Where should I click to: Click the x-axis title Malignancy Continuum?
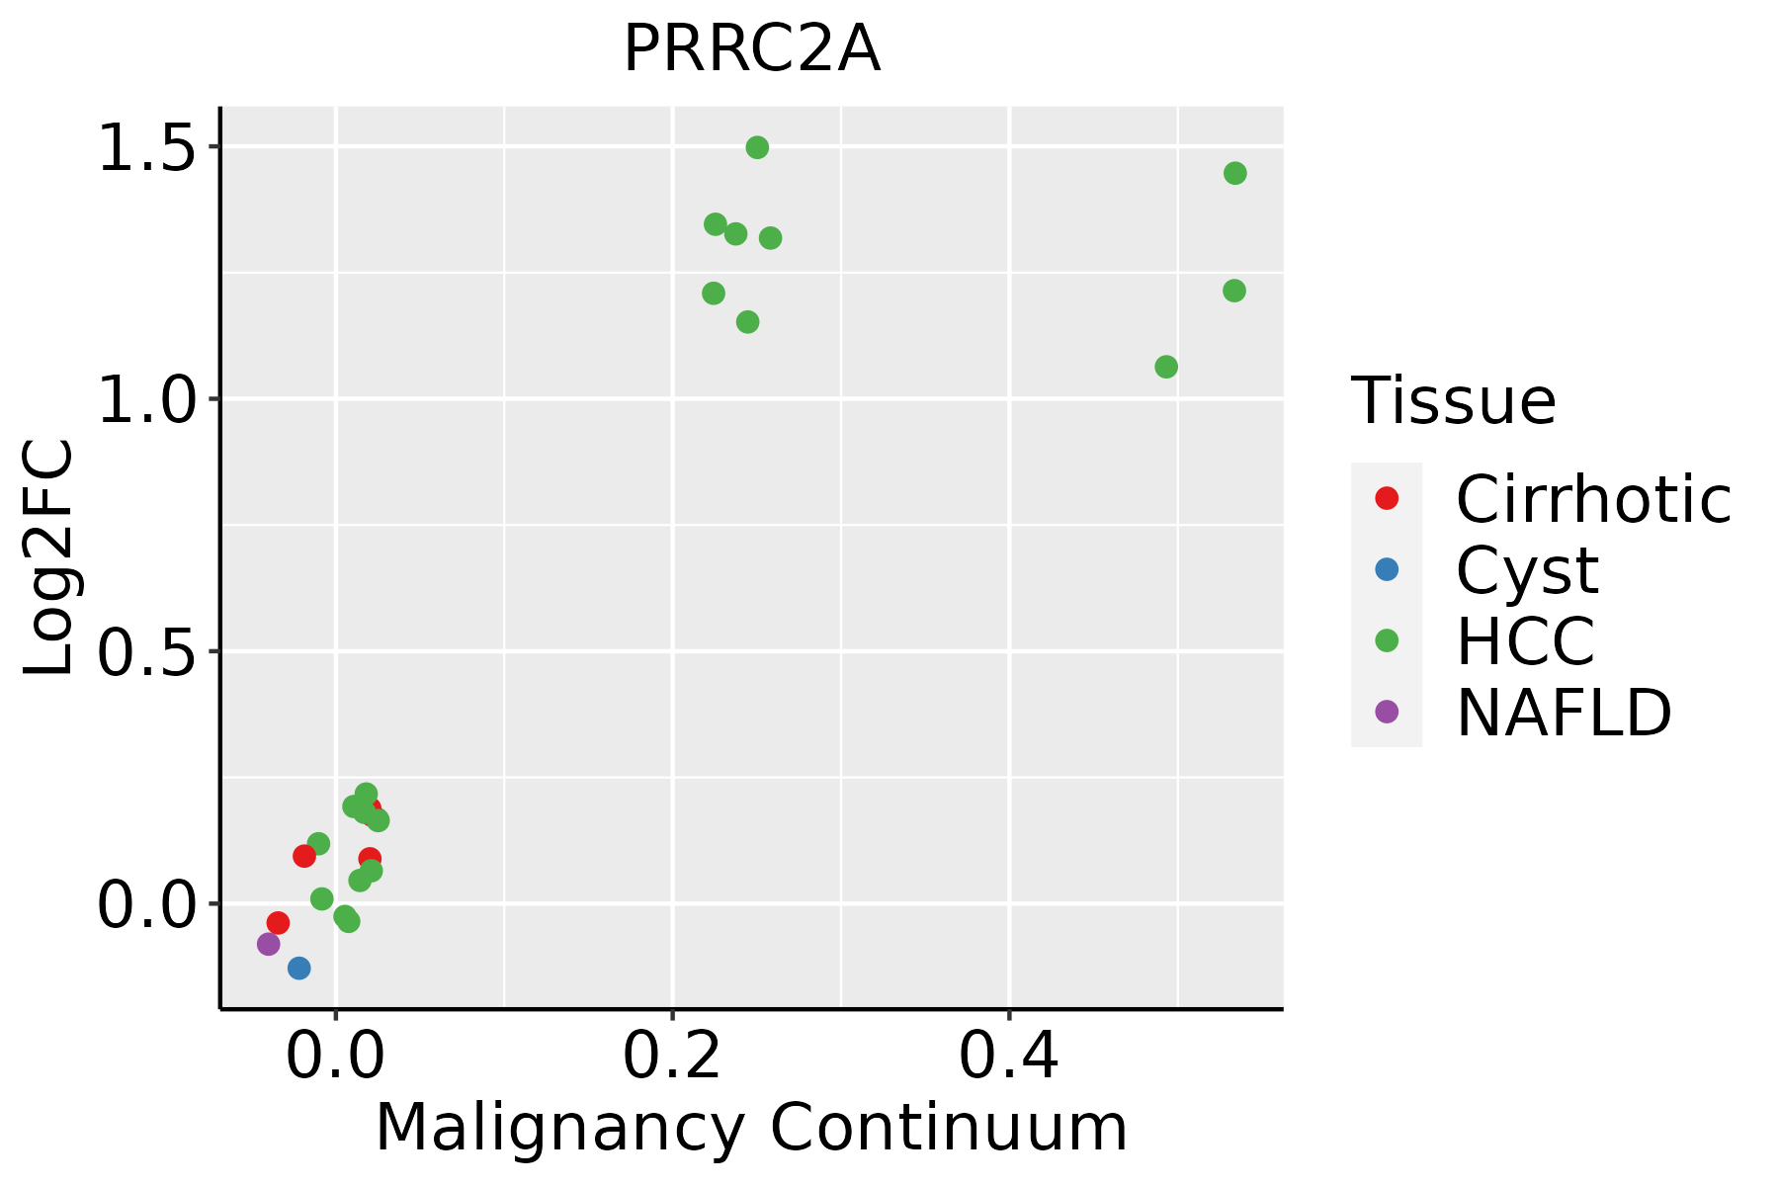coord(751,1127)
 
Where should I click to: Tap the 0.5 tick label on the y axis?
coord(146,651)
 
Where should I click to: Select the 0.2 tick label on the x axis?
coord(672,1056)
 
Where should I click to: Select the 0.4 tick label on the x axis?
coord(1009,1056)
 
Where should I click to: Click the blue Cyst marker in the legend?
coord(1387,569)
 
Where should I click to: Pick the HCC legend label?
coord(1525,640)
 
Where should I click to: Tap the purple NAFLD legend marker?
coord(1387,711)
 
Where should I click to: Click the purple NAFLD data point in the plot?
coord(269,944)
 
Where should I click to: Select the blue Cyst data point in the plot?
coord(299,968)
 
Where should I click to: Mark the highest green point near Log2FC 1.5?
coord(757,147)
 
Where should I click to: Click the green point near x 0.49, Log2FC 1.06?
coord(1166,367)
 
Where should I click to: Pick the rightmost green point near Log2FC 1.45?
coord(1235,173)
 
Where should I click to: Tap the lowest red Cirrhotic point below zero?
coord(279,923)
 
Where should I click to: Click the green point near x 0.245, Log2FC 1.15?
coord(748,321)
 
